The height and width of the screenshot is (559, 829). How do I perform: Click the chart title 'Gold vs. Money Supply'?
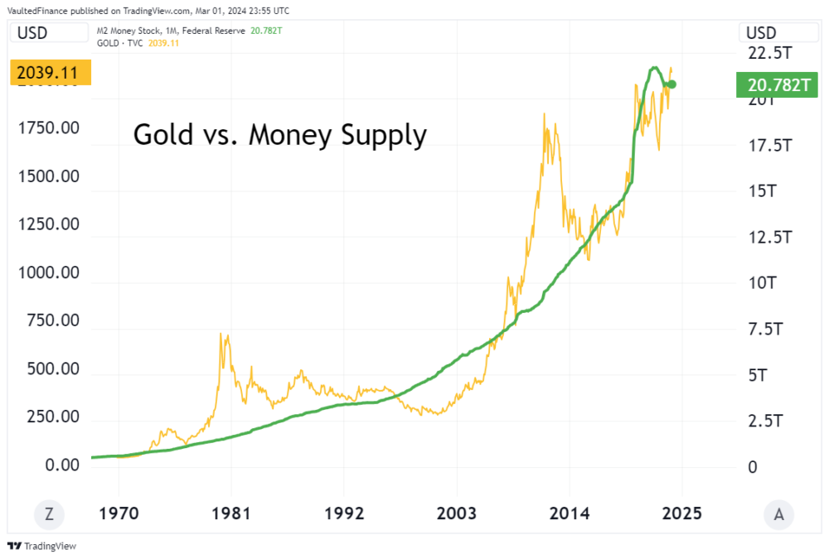pos(280,134)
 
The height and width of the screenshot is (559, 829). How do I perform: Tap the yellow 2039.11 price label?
pos(47,73)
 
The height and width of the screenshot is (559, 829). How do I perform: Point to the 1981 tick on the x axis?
pos(231,513)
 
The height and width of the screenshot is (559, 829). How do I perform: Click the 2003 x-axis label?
pos(457,513)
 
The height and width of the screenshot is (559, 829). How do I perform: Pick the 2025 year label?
pos(681,513)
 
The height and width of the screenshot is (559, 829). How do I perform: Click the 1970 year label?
pos(119,513)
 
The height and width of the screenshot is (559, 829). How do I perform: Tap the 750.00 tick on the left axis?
pos(50,320)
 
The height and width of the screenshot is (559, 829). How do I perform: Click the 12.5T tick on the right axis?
pos(768,238)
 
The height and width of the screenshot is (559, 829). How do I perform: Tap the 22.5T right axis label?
pos(768,54)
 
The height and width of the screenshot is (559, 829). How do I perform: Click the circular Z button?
pos(49,514)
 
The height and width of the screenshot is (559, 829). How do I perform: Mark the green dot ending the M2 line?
pos(671,84)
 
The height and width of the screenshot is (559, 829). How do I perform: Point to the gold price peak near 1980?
pos(221,334)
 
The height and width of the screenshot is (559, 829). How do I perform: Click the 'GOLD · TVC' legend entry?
pos(119,42)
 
